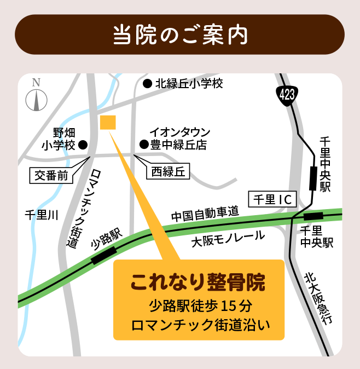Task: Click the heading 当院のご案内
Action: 180,34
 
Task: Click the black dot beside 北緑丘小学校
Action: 147,84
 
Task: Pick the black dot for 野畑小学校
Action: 83,145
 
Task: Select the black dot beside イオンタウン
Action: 143,145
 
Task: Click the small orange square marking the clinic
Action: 108,123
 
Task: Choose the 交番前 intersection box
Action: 51,176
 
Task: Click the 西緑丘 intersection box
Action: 167,172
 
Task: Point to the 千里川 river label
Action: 42,214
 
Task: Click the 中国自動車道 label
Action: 205,214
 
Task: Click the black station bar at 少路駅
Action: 104,255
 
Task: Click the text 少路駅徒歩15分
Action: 199,305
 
